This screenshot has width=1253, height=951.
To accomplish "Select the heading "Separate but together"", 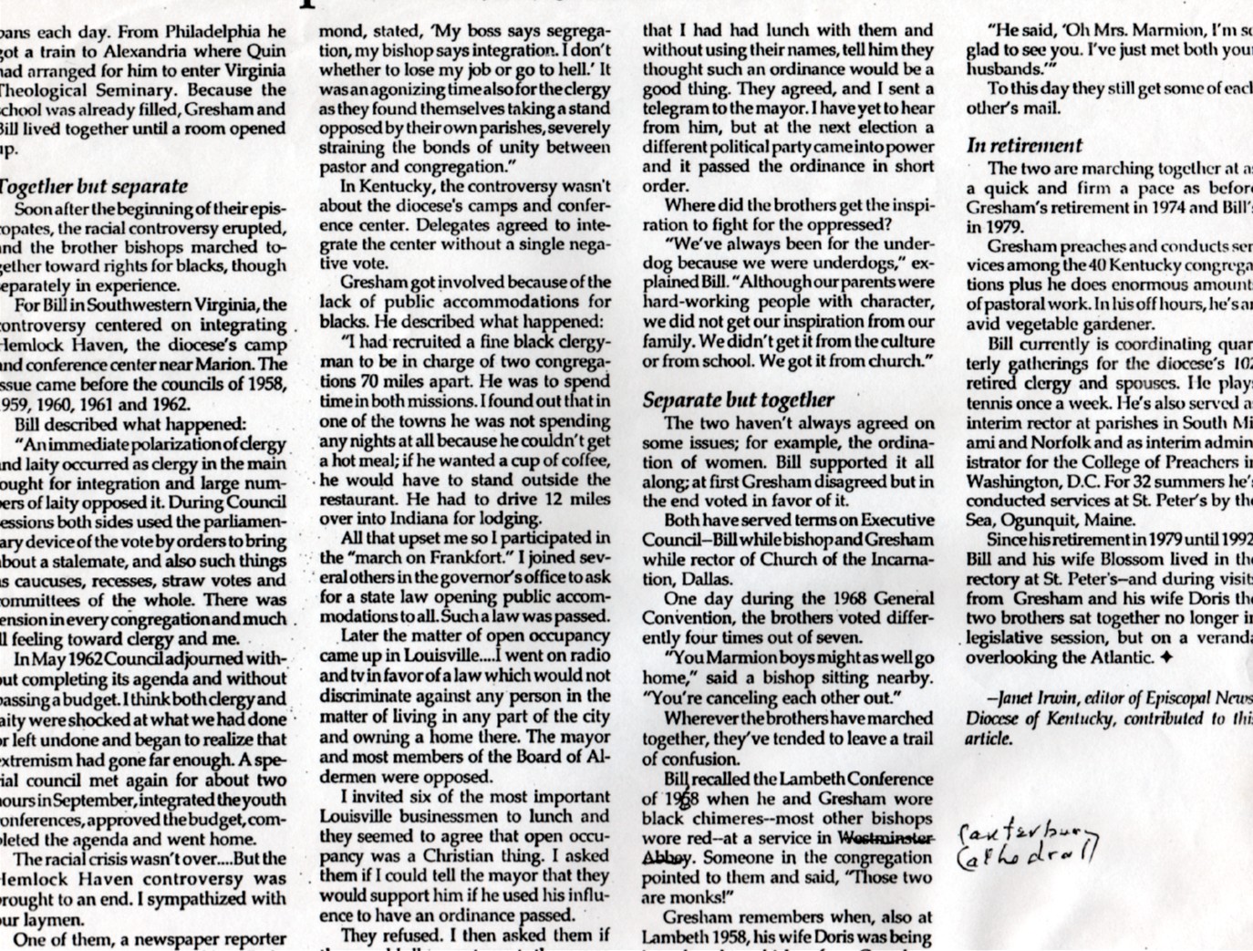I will (x=739, y=399).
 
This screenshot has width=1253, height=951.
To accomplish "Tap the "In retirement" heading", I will (x=1024, y=145).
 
